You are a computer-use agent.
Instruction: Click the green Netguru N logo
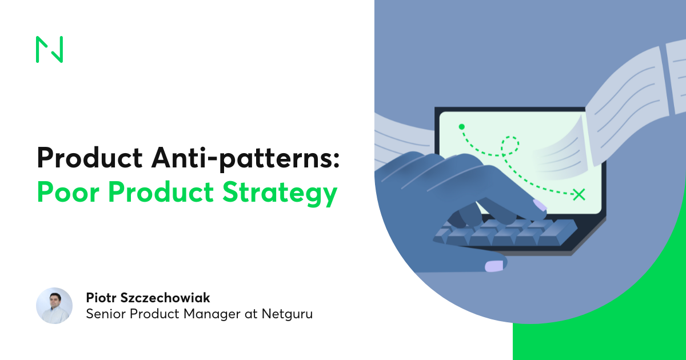pos(49,49)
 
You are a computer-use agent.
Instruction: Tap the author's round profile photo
pos(54,306)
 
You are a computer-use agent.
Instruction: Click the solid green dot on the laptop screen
pos(461,127)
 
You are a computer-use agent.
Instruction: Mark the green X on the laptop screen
pos(579,194)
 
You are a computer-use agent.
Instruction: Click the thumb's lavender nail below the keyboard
pos(494,266)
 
